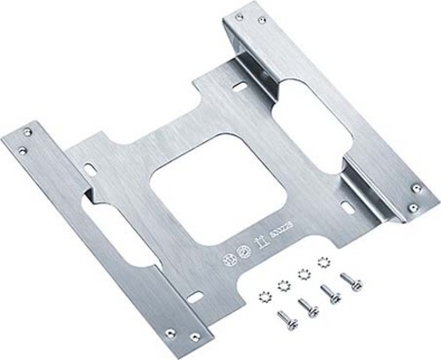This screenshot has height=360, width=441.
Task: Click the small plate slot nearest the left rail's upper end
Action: point(93,165)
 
